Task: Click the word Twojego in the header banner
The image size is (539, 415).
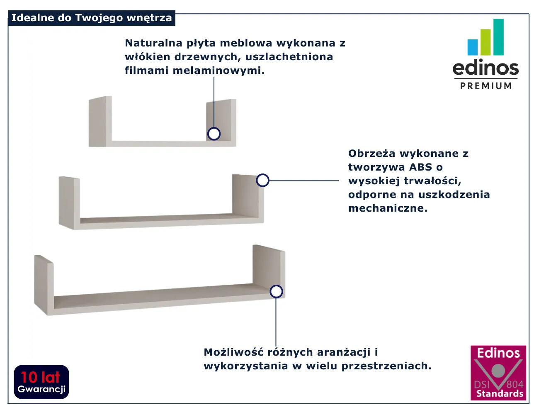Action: (x=99, y=18)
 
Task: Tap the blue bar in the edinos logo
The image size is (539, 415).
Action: (x=472, y=47)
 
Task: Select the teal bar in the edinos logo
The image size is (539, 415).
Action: (x=498, y=37)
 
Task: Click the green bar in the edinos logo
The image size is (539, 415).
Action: (x=486, y=42)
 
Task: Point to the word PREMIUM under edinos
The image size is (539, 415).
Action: (x=486, y=86)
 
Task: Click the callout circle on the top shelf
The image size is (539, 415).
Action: (x=214, y=134)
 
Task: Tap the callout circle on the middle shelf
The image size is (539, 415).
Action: (x=263, y=180)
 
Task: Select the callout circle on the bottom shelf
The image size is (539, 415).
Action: (x=276, y=291)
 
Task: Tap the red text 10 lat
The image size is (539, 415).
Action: (x=41, y=378)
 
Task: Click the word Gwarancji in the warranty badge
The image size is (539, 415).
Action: (x=41, y=389)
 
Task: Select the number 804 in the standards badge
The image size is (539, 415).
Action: (x=515, y=385)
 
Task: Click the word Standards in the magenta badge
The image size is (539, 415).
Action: (x=500, y=394)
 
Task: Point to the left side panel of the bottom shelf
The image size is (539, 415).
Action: (x=44, y=285)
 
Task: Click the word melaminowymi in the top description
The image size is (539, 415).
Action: (x=219, y=71)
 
